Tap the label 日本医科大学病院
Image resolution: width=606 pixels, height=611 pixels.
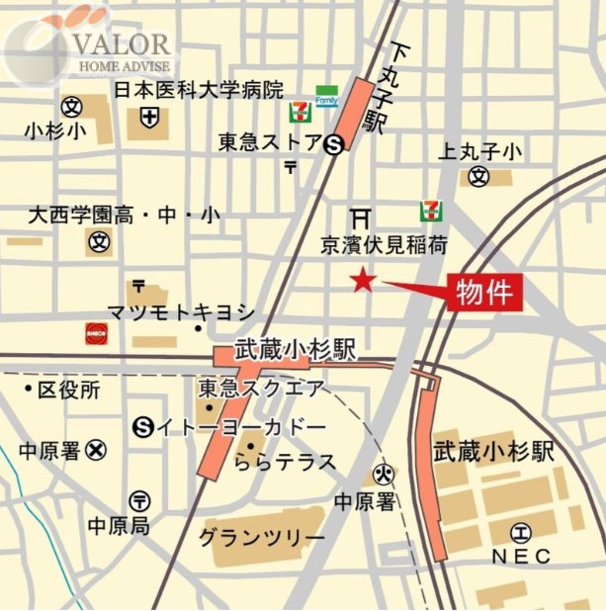click(198, 90)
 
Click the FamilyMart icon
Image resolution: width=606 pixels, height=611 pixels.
click(326, 97)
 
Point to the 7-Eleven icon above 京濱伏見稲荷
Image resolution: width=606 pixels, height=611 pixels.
click(430, 211)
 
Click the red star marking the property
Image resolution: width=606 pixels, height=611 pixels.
click(364, 283)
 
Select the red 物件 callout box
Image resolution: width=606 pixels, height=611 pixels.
click(483, 292)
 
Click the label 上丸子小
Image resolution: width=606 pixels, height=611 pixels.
click(479, 151)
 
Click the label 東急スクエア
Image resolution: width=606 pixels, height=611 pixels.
click(260, 389)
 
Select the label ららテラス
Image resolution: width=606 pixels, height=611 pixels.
click(286, 462)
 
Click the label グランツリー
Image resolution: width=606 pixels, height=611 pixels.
click(261, 537)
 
